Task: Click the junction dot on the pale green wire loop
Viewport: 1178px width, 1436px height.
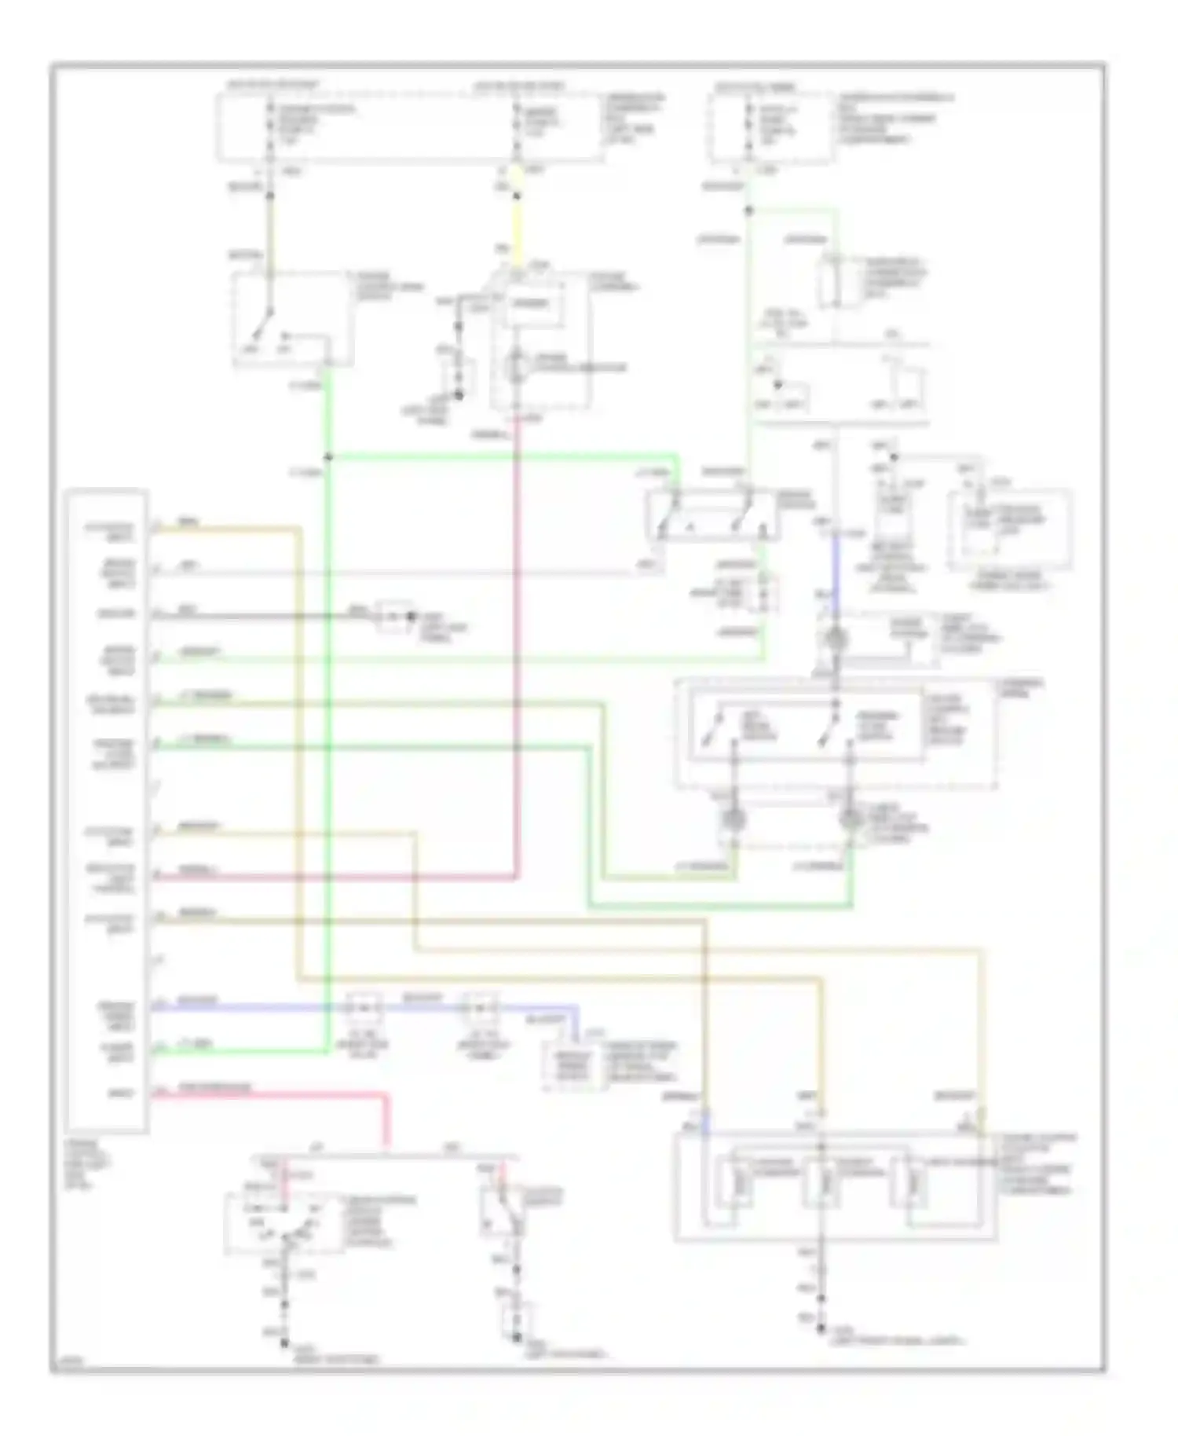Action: pyautogui.click(x=748, y=211)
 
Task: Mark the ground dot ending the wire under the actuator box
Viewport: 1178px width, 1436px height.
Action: pyautogui.click(x=821, y=1328)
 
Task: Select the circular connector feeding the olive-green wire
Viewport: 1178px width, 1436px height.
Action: pyautogui.click(x=734, y=820)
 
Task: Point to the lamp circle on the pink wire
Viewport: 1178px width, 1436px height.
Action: pyautogui.click(x=516, y=366)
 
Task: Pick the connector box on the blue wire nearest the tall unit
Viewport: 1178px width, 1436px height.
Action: pyautogui.click(x=364, y=1008)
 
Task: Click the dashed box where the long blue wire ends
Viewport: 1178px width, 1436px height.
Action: pyautogui.click(x=575, y=1067)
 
